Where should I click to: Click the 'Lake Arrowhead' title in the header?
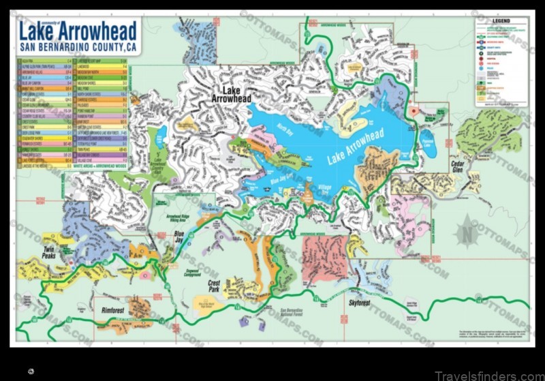[77, 31]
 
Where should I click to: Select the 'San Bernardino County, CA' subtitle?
[77, 47]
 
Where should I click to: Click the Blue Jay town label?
[180, 239]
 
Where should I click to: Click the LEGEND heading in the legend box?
[503, 22]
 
